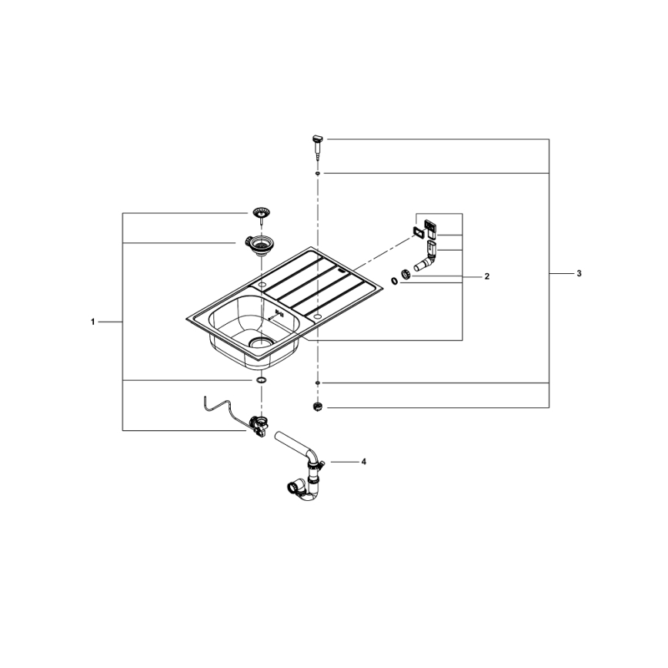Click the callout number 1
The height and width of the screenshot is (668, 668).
tap(92, 322)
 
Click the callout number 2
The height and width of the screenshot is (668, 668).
tap(486, 276)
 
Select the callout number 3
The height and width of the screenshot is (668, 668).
tap(579, 274)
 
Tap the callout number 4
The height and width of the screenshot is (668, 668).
tap(363, 462)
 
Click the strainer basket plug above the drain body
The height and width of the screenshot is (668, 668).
tap(259, 212)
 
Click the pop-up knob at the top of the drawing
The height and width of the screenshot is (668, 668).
tap(316, 142)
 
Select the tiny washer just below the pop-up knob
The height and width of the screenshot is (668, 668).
tap(317, 174)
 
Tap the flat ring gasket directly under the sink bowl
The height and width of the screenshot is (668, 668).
tap(261, 381)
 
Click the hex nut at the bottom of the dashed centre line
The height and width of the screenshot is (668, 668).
tap(317, 406)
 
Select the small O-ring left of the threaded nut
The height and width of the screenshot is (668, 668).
tap(394, 282)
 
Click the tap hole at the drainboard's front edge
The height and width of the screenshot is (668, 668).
tap(317, 316)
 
